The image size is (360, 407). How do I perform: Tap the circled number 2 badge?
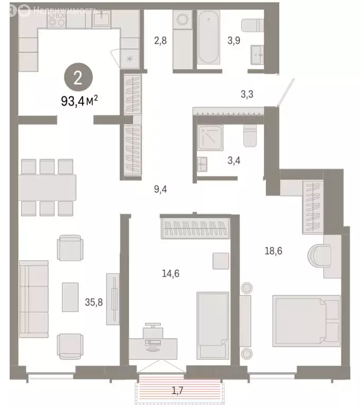coord(78,78)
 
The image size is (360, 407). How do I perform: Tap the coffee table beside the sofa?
coord(70,297)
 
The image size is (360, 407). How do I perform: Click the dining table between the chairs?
coord(47,187)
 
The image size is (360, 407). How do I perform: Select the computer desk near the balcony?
coord(154,346)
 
